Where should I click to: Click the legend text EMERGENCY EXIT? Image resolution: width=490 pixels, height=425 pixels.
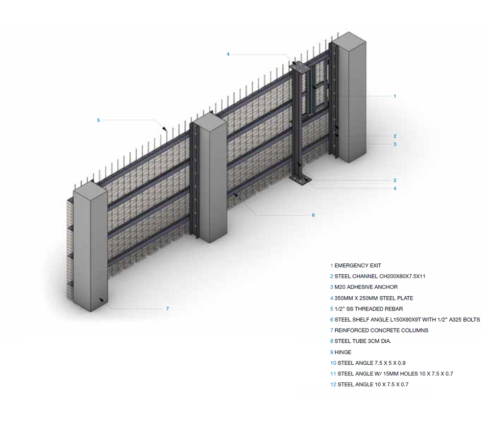(357, 265)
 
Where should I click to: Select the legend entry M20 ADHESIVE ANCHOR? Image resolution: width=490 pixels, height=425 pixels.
(366, 287)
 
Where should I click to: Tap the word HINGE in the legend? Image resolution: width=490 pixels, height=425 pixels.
(343, 352)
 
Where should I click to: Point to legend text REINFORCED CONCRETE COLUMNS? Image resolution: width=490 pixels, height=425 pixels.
(381, 331)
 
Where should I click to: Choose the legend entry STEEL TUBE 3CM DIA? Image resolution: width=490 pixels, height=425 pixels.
(363, 341)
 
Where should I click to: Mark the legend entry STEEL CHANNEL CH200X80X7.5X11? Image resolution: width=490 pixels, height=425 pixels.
(379, 276)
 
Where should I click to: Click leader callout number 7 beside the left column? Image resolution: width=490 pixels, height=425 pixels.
(168, 308)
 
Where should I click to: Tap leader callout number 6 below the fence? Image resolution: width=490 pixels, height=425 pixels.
(313, 215)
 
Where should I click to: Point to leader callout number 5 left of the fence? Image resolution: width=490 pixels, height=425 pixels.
(98, 120)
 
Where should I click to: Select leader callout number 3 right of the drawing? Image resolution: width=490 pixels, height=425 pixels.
(395, 144)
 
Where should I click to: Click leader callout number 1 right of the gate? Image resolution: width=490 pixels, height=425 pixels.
(395, 96)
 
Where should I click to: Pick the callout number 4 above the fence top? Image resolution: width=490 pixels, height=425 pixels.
(228, 54)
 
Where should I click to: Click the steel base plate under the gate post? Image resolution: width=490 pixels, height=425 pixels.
(301, 180)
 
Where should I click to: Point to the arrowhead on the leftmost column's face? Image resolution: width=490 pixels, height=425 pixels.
(101, 299)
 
